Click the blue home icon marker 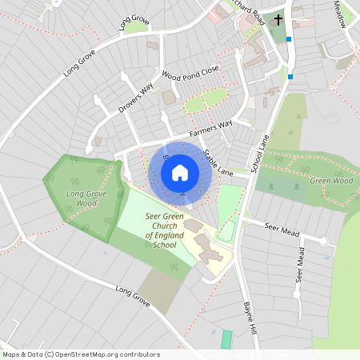tap(180, 172)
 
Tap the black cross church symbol tap(279, 19)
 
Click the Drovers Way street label tap(135, 95)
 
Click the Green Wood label tap(331, 181)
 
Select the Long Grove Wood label tap(86, 198)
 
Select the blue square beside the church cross tap(288, 38)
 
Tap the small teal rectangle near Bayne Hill tap(226, 338)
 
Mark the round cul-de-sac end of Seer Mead tap(323, 241)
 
